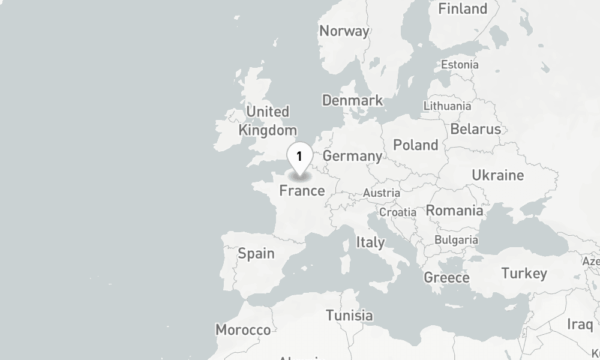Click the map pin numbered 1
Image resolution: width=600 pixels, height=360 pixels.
click(x=299, y=157)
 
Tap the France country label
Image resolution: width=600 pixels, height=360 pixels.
click(x=302, y=191)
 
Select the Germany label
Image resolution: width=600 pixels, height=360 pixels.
click(x=352, y=156)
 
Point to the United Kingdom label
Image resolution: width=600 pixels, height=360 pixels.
click(x=268, y=121)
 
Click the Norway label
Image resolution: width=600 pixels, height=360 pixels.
click(x=344, y=31)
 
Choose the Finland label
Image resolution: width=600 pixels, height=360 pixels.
click(x=463, y=9)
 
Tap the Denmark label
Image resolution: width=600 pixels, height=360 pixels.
click(x=352, y=100)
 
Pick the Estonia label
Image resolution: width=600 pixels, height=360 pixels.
click(x=460, y=64)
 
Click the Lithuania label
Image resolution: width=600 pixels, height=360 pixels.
click(x=447, y=106)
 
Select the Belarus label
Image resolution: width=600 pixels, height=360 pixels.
click(x=475, y=129)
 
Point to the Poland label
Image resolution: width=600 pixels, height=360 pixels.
click(x=415, y=145)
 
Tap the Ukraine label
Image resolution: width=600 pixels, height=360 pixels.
click(x=497, y=175)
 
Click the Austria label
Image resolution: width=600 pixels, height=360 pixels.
click(x=381, y=193)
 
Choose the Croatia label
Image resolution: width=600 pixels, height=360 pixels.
click(x=397, y=212)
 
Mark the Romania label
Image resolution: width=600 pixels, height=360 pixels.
click(x=454, y=211)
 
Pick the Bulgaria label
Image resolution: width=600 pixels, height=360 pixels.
click(x=456, y=240)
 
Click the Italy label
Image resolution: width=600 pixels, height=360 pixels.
click(x=370, y=242)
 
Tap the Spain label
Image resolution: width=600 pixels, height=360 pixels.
click(x=256, y=253)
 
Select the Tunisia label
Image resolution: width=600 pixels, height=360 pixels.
click(x=349, y=315)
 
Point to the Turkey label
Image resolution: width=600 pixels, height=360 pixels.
click(x=524, y=274)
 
